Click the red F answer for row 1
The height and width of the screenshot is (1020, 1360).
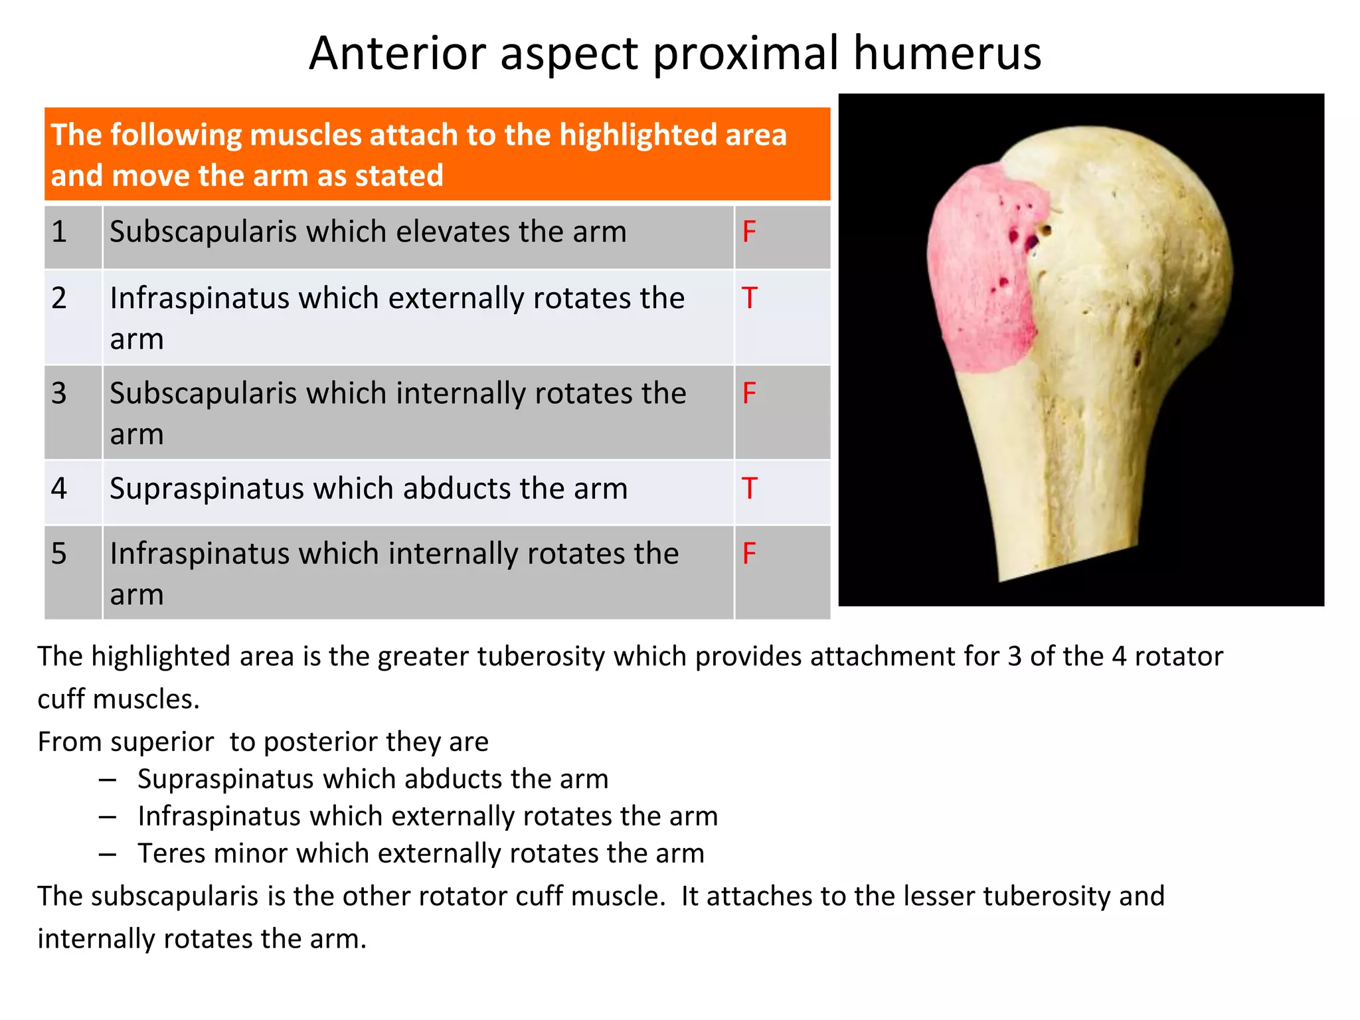(749, 232)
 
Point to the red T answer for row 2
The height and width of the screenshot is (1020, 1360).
(749, 298)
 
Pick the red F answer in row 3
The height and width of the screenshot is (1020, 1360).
(749, 393)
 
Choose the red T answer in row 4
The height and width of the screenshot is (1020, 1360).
(749, 489)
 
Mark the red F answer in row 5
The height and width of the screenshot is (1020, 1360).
(749, 554)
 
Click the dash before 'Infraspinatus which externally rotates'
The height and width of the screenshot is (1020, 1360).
(108, 816)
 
